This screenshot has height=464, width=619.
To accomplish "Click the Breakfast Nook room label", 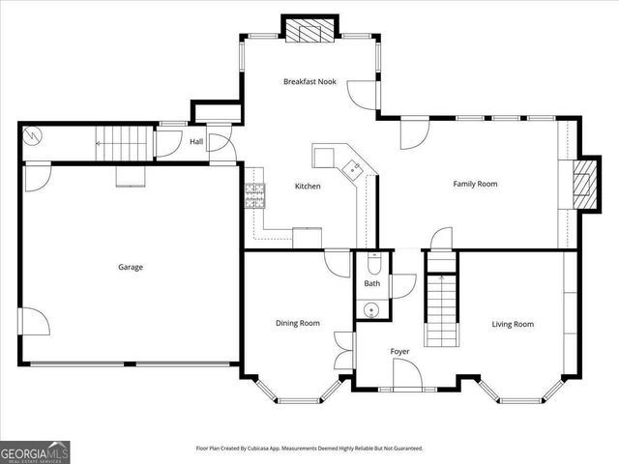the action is (x=309, y=81).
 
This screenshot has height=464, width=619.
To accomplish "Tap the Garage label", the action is (x=131, y=267).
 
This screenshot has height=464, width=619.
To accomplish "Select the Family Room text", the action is (x=475, y=184).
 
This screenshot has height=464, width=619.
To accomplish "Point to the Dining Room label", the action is (x=298, y=323).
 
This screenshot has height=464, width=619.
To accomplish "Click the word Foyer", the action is (x=399, y=352).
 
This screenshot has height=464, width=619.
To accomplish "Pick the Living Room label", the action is (x=513, y=325).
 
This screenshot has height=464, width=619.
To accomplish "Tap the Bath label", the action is (x=371, y=283).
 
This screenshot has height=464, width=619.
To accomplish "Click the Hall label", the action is (x=196, y=141).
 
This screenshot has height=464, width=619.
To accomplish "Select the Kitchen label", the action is (x=308, y=186).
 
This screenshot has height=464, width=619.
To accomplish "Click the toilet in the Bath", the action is (x=373, y=263).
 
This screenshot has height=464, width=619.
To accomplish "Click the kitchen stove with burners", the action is (x=254, y=195).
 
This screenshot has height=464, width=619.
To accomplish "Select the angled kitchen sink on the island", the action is (x=352, y=170).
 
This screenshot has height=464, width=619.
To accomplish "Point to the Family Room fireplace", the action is (x=585, y=185).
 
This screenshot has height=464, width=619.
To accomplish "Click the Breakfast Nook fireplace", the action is (x=309, y=30).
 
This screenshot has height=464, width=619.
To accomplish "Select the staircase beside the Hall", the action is (x=125, y=143).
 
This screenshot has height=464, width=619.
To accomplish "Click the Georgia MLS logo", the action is (x=35, y=452).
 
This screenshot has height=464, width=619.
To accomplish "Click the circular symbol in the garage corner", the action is (x=31, y=136).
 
